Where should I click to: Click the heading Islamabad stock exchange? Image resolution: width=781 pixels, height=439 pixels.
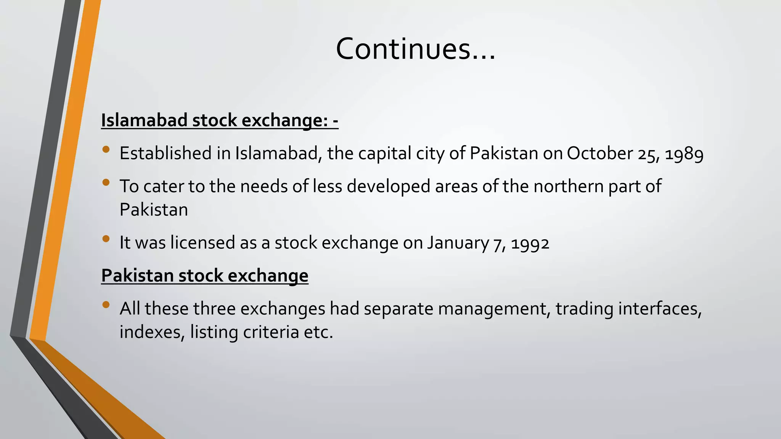coord(219,120)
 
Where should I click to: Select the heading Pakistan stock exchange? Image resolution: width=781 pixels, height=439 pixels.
coord(204,276)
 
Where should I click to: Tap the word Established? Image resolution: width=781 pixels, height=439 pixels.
coord(166,153)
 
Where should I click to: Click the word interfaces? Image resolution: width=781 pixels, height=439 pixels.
coord(660,309)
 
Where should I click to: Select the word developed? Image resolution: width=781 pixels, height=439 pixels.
coord(388,187)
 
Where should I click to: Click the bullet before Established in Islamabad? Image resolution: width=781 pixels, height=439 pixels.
coord(106,149)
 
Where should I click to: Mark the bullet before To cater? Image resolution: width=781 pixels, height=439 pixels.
coord(106,183)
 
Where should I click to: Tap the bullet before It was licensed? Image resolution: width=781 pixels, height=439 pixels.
coord(106,239)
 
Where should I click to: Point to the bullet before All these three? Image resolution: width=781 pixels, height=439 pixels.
coord(106,304)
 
